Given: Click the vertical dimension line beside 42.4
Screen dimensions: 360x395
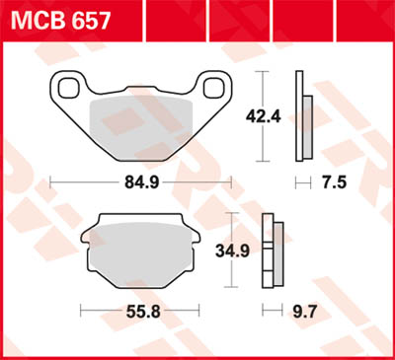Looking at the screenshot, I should (262, 116).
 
